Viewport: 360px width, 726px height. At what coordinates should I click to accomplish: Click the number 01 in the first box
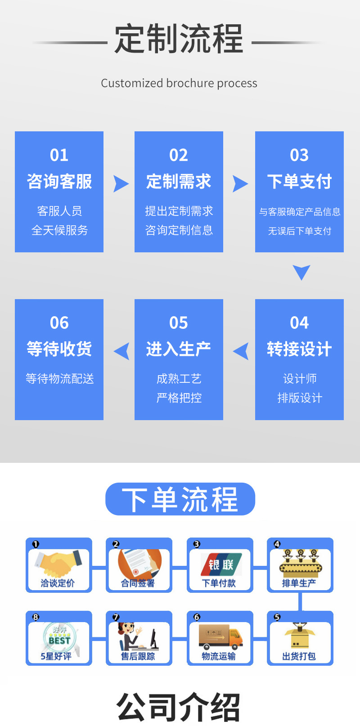pos(59,155)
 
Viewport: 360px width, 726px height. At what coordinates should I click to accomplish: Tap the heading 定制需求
pos(179,182)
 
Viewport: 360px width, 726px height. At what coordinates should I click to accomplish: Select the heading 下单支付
pos(299,182)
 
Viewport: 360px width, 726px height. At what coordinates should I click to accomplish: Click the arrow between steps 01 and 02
pos(120,184)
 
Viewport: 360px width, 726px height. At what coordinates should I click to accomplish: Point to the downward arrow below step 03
pos(301,272)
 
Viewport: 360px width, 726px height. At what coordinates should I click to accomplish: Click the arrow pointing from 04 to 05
pos(241,351)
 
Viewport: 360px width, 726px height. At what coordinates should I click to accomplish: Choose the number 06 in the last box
pos(59,323)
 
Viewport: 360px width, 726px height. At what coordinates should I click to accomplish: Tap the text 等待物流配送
pos(59,379)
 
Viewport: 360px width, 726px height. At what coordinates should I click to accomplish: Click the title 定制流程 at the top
pos(179,39)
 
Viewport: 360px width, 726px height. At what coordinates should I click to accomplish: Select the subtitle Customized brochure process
pos(179,83)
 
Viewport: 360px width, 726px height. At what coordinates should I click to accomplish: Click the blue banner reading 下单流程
pos(180,499)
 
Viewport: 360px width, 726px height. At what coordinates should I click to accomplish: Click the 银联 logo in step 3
pos(220,564)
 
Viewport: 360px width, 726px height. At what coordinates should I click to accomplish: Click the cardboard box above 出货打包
pos(300,635)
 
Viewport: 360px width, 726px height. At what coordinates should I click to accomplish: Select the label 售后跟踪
pos(138,656)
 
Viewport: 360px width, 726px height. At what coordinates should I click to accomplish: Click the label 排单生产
pos(299,583)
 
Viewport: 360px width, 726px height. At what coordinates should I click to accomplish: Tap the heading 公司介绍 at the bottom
pos(179,708)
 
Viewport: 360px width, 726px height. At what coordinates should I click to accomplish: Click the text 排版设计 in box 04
pos(300,398)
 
